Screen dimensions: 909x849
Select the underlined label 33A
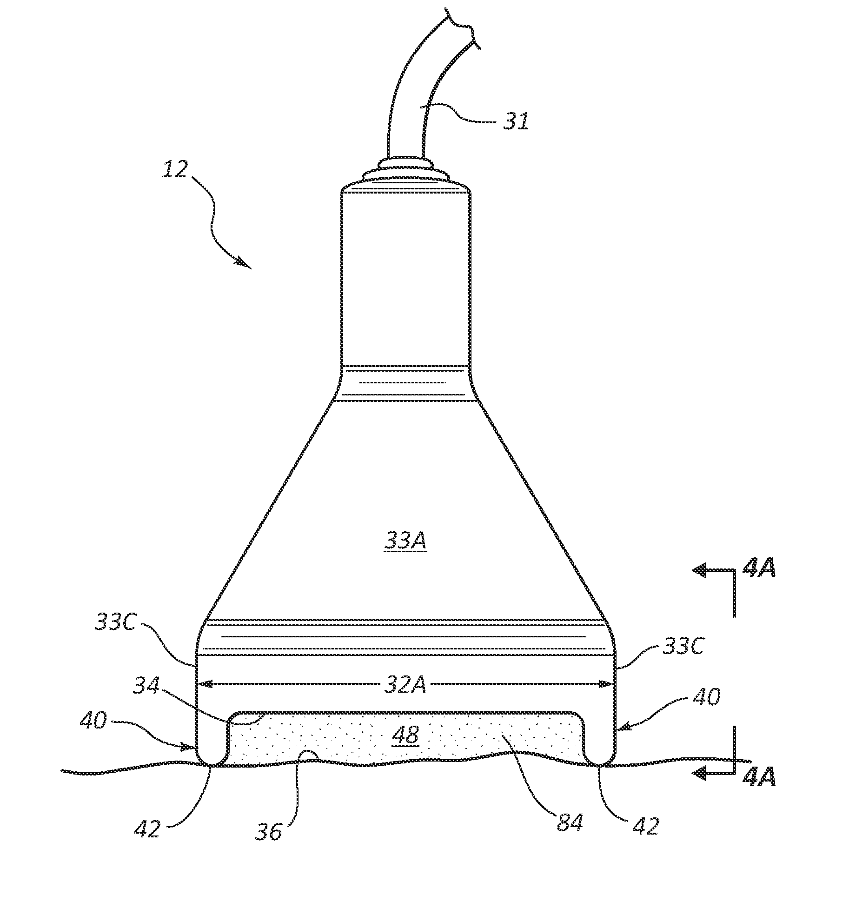coord(405,541)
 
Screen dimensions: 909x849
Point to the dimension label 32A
coord(405,684)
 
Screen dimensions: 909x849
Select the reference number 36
coord(269,831)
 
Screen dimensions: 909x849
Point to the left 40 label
coord(93,722)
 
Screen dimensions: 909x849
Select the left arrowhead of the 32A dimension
coord(205,684)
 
